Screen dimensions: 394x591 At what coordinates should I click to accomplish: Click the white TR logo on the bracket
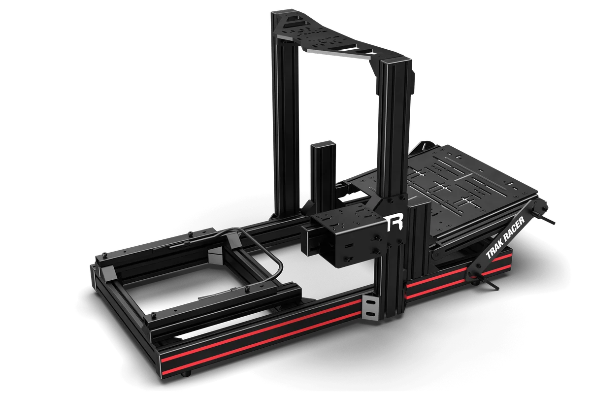tap(394, 223)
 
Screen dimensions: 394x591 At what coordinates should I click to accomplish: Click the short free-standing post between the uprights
tap(321, 172)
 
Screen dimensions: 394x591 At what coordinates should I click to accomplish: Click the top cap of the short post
tap(321, 144)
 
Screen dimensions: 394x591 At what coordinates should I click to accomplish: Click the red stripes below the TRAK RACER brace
tap(443, 288)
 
